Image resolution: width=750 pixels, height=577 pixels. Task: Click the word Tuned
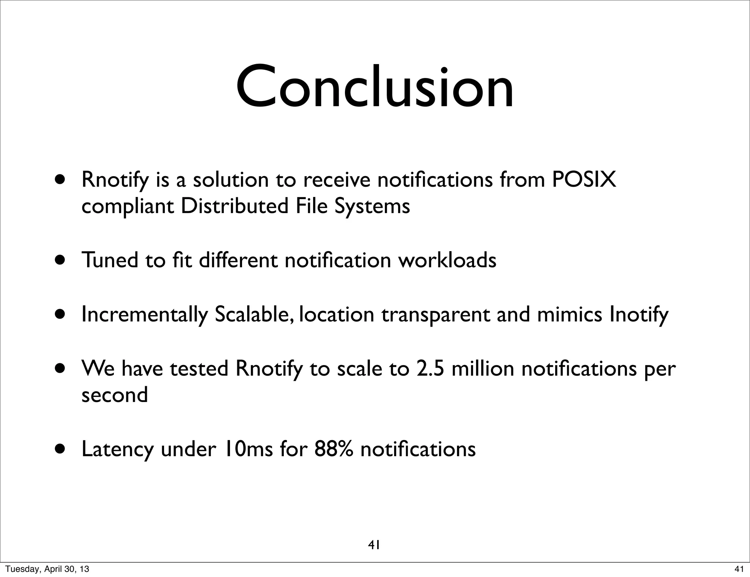110,260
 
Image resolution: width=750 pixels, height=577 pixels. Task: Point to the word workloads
447,260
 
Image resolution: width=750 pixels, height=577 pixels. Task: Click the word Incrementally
144,314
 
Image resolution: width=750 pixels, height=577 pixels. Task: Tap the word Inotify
639,314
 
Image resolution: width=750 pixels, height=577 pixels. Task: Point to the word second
115,395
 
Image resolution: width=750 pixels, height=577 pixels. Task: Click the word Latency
117,449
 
